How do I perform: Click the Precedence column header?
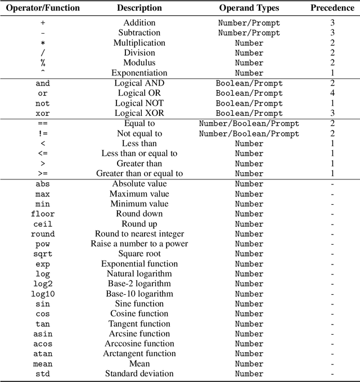332,8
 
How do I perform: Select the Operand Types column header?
249,8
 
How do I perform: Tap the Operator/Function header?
43,8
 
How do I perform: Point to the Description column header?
139,8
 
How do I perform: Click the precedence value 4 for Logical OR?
332,93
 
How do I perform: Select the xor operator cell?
43,114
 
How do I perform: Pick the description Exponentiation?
139,73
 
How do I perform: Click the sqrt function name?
43,254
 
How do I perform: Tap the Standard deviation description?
139,374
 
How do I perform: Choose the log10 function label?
43,294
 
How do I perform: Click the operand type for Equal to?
249,124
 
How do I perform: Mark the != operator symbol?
43,134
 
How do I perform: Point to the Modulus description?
139,62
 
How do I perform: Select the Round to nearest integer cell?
139,233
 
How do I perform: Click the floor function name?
43,214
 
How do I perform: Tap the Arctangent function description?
139,353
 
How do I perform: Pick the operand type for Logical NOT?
249,104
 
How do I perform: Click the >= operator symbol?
43,174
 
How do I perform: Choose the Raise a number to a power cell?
139,244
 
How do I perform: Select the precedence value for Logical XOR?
332,114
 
